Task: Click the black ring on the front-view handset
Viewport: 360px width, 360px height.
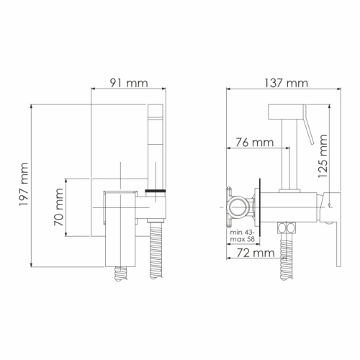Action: click(156, 191)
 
